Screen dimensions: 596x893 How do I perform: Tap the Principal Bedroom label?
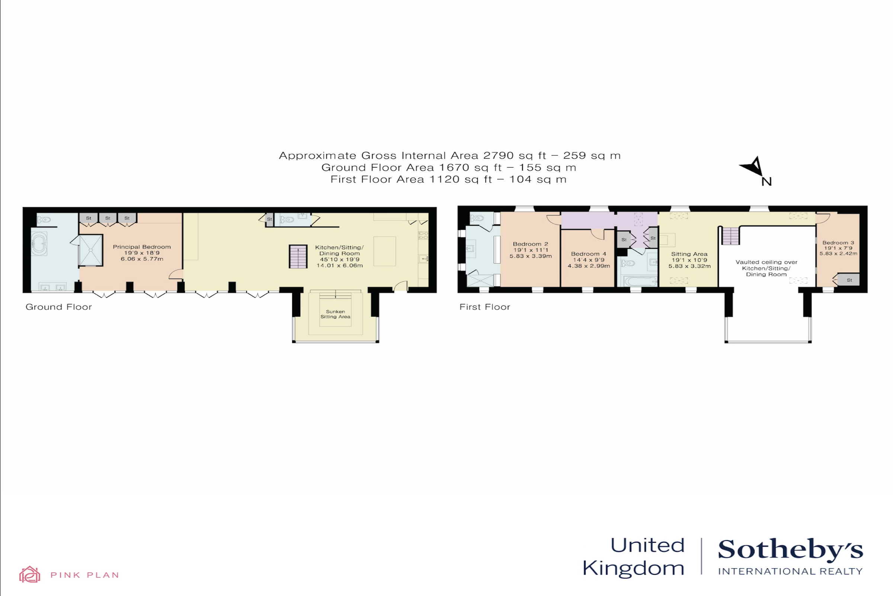tap(142, 247)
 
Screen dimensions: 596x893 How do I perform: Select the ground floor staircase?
tap(298, 257)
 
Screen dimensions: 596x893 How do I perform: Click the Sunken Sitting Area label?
tap(335, 314)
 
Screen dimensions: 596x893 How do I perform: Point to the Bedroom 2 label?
tap(531, 244)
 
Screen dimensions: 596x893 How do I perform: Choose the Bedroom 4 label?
tap(589, 254)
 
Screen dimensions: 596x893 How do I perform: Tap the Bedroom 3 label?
tap(838, 242)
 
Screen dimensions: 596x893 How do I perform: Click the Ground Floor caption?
tap(58, 307)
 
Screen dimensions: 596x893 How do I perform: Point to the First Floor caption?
tap(484, 307)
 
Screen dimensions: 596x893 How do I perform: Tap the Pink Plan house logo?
tap(30, 574)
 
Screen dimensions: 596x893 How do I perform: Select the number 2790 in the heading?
tap(498, 155)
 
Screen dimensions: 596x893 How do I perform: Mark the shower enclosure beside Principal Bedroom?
tap(90, 250)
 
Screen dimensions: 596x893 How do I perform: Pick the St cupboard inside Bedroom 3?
tap(849, 280)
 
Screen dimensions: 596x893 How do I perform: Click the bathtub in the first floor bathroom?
tap(640, 282)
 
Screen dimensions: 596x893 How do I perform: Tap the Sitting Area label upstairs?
tap(689, 254)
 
